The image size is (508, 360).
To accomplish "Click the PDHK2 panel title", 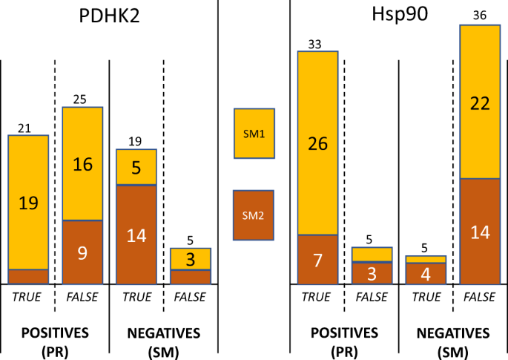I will (110, 18).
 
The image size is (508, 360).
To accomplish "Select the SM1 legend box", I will (254, 134).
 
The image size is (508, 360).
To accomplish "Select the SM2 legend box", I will (254, 215).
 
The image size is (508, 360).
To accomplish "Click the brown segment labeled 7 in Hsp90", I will (317, 260).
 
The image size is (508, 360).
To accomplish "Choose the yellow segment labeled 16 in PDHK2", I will (82, 164).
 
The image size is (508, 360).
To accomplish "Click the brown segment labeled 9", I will (82, 252).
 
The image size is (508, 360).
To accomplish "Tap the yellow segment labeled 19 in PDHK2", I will (28, 202).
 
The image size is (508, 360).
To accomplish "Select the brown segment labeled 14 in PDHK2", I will (136, 235).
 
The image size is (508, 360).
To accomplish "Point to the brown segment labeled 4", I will (426, 273).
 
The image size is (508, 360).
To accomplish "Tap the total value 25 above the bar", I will (81, 99).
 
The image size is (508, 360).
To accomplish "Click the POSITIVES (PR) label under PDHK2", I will (55, 340).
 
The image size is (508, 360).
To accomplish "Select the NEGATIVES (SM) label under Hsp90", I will (452, 340).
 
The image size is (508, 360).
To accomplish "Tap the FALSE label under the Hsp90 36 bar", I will (480, 298).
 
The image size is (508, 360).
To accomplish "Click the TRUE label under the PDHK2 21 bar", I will (28, 298).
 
